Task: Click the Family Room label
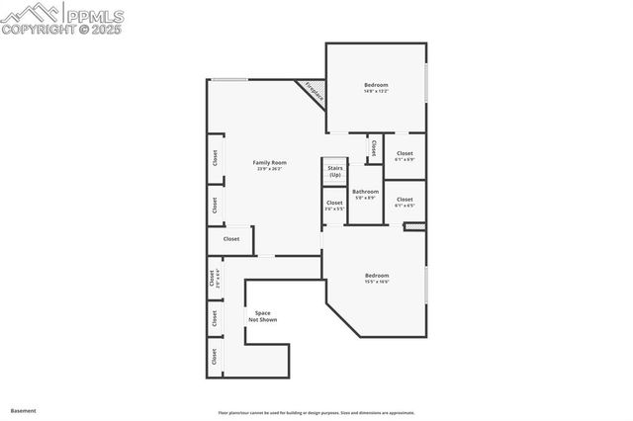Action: (268, 162)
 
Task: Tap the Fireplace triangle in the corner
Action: (314, 92)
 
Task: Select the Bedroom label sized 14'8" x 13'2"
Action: (376, 85)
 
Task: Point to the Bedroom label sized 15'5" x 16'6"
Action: (376, 275)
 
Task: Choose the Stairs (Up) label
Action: (335, 172)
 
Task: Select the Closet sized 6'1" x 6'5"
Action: (405, 199)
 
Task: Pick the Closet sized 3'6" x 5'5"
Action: (334, 204)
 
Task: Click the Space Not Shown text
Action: (262, 316)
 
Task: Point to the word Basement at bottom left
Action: (24, 409)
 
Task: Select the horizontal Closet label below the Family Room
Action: (230, 238)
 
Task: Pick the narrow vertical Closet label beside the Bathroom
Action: (374, 147)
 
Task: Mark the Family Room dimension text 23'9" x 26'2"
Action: (268, 169)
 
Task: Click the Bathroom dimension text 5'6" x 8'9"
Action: (365, 198)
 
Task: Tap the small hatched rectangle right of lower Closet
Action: (414, 226)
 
